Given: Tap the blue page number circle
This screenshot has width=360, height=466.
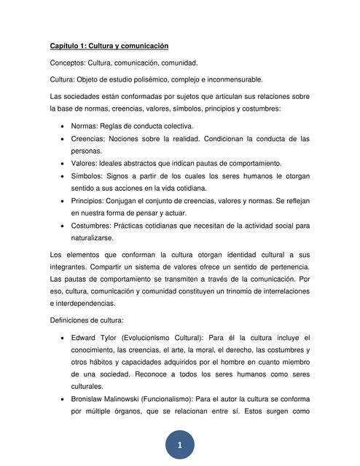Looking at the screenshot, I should click(179, 444).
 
